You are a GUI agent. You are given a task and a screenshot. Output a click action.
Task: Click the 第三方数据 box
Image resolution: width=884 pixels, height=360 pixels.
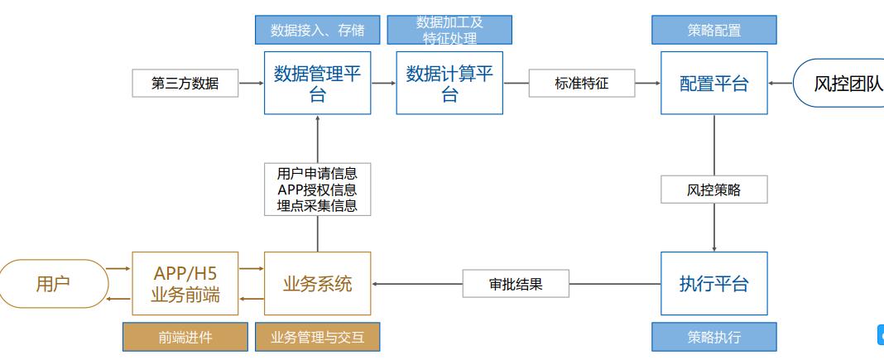185,83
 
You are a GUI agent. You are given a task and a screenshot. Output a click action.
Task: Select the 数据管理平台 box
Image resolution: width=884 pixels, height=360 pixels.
317,83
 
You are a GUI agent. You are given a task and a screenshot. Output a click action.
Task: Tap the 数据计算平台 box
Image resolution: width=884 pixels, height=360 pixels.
449,83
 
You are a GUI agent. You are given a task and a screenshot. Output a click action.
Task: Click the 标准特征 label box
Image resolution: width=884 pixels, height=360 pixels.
582,83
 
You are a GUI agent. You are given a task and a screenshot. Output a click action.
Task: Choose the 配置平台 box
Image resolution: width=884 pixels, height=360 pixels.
713,83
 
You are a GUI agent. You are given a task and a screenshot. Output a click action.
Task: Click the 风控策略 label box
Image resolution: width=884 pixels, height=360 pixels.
713,190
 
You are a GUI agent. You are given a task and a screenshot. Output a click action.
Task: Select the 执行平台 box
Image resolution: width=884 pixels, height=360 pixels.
713,284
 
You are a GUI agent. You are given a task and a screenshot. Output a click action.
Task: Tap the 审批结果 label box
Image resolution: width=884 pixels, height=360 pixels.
516,284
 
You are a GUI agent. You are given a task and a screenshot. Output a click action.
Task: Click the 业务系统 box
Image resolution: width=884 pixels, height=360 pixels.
317,284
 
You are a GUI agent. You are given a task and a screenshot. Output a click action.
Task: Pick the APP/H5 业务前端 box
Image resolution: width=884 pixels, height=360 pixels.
185,284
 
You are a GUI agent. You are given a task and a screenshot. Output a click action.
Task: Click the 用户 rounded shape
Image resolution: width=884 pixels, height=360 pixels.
53,284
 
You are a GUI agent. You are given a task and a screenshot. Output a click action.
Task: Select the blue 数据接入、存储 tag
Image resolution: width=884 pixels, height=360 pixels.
317,30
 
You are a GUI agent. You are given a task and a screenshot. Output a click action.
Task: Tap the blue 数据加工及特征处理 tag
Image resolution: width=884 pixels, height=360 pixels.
449,30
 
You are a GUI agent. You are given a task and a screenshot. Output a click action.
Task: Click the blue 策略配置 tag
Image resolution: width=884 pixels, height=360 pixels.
713,30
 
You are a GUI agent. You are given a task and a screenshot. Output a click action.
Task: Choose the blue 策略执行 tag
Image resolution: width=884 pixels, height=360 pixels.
713,337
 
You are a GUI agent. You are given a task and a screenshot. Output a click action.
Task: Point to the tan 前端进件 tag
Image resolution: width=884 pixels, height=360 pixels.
185,337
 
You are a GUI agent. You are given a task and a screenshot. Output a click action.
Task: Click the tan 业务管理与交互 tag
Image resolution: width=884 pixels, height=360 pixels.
317,337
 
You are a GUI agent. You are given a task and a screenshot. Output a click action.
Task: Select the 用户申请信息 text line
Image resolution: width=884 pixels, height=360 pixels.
317,174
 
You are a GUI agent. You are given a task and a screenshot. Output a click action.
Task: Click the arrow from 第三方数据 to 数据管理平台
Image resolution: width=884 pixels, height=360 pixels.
251,83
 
